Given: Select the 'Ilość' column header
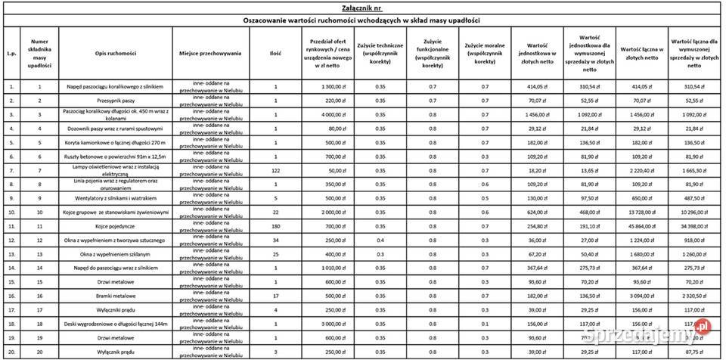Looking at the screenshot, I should (275, 54).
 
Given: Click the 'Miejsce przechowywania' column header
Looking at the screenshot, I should (210, 54).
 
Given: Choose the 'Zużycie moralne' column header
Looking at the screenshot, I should (484, 54).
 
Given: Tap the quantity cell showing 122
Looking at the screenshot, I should (275, 171).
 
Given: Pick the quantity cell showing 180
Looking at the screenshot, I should (275, 225).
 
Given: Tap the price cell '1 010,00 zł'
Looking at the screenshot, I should (327, 267).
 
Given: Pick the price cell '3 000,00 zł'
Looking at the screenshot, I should (327, 324).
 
